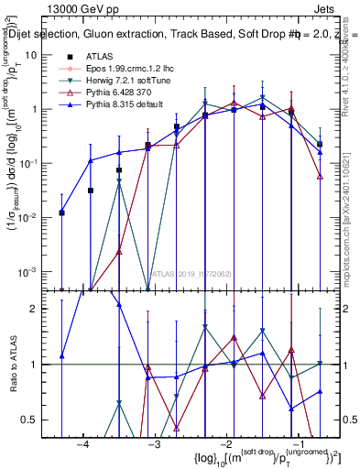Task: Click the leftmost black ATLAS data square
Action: [x=61, y=213]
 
